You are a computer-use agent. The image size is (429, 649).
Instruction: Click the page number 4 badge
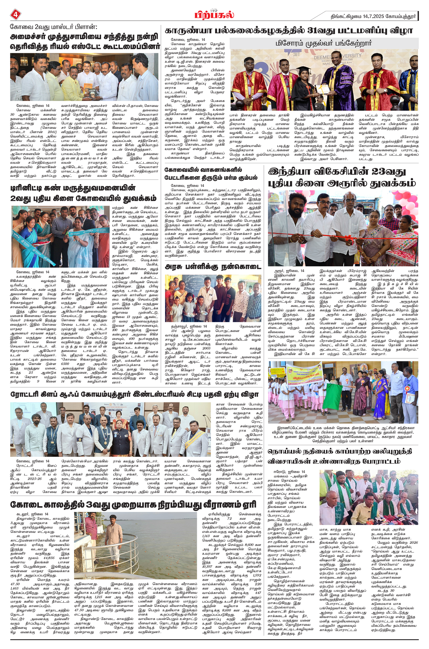click(x=15, y=15)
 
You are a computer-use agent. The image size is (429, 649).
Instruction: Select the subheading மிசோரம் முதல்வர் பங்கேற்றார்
click(x=324, y=43)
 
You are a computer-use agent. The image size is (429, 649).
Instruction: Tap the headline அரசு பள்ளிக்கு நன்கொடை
click(x=213, y=267)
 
